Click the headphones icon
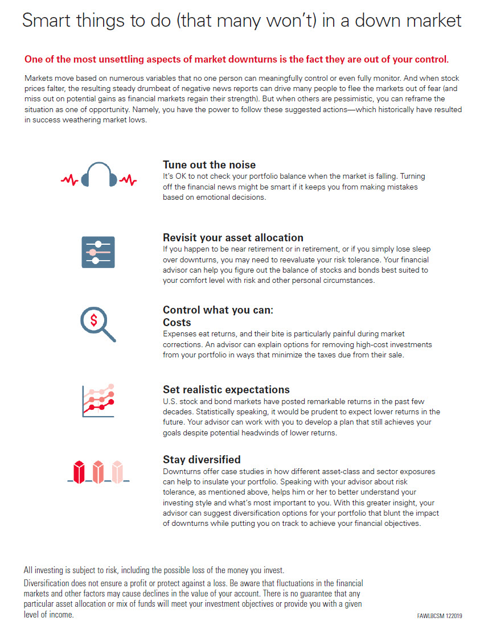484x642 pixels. pyautogui.click(x=99, y=174)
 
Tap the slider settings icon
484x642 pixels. pyautogui.click(x=99, y=252)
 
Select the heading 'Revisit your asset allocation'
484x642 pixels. pyautogui.click(x=233, y=237)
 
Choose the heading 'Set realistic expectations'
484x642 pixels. pyautogui.click(x=226, y=389)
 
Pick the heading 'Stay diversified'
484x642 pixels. pyautogui.click(x=202, y=459)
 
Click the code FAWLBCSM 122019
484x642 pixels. pyautogui.click(x=439, y=616)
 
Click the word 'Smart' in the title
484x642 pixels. pyautogui.click(x=44, y=21)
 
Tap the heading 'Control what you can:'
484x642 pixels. pyautogui.click(x=218, y=310)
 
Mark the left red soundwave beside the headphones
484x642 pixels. pyautogui.click(x=70, y=180)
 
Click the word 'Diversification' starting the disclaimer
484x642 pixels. pyautogui.click(x=47, y=583)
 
